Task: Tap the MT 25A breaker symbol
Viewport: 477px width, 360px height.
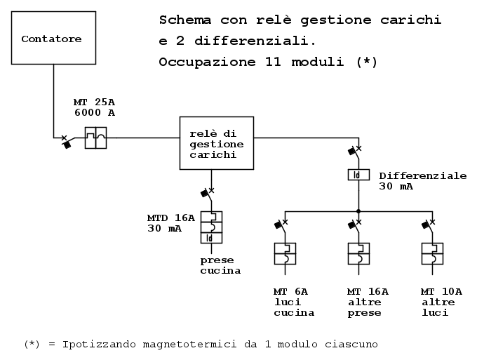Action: (95, 138)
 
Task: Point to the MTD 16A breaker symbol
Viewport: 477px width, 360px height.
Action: (211, 227)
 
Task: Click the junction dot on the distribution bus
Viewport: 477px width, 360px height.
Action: (358, 211)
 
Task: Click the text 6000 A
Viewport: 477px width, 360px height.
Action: (94, 112)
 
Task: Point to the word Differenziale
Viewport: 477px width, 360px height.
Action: (422, 175)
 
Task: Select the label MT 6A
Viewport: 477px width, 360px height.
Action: (291, 291)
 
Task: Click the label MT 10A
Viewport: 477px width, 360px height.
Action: (441, 291)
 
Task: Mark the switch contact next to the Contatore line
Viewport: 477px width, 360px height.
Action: (65, 140)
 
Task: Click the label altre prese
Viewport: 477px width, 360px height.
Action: (365, 307)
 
